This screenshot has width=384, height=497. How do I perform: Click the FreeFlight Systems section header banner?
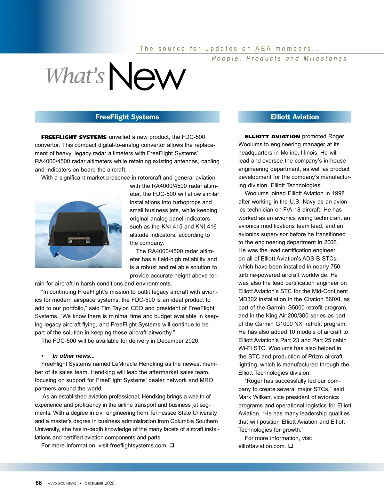click(x=127, y=117)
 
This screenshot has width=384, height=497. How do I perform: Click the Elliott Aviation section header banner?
click(x=295, y=117)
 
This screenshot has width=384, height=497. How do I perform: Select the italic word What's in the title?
click(x=76, y=76)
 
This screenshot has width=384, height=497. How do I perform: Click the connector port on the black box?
click(x=79, y=240)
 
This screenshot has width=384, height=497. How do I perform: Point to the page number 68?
click(x=39, y=483)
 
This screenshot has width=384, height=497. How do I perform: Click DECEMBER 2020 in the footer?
click(x=99, y=483)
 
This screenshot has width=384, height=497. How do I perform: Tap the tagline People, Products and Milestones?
click(x=279, y=59)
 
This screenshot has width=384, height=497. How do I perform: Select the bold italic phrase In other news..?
click(x=74, y=356)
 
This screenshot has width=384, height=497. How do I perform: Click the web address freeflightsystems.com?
click(x=138, y=445)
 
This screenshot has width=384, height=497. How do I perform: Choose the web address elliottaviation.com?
click(x=262, y=446)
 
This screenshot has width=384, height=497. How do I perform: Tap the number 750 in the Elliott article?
click(x=335, y=267)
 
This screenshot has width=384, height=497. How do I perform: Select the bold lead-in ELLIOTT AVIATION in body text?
click(x=272, y=136)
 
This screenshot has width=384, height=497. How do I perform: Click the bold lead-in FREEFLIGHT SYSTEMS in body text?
click(x=74, y=137)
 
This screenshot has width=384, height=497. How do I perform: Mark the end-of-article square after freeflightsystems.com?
click(x=172, y=445)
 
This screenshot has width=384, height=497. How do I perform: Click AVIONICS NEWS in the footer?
click(x=62, y=484)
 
